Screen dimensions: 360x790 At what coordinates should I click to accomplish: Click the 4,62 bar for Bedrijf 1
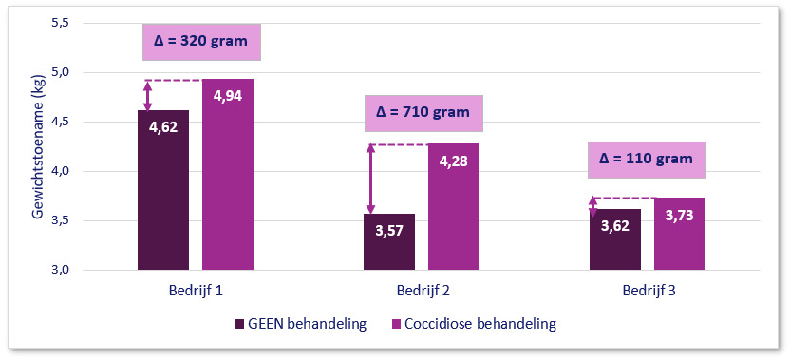[x=163, y=190]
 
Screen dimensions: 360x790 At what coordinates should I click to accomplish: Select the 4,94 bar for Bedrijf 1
[x=228, y=175]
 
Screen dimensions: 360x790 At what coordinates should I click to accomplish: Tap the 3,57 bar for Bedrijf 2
[x=389, y=241]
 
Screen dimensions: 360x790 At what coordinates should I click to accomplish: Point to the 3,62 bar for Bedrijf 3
[x=615, y=239]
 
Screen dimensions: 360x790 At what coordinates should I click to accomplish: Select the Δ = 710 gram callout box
[x=423, y=112]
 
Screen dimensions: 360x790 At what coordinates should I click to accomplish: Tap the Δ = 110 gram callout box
[x=648, y=159]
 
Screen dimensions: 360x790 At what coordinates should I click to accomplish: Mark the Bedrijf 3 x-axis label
[x=647, y=288]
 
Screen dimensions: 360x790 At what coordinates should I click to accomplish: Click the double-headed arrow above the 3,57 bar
[x=371, y=180]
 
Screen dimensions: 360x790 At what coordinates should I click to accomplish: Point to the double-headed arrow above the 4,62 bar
[x=147, y=95]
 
